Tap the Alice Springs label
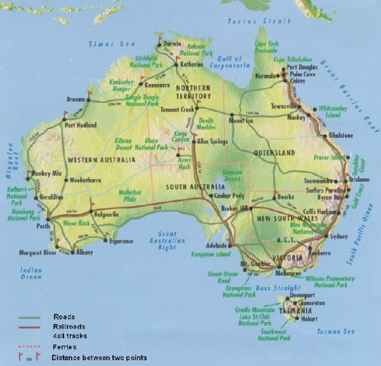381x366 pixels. coord(213,141)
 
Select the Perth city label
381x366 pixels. coord(44,226)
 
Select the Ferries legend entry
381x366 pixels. coord(65,346)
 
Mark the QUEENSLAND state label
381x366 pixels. coord(274,153)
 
